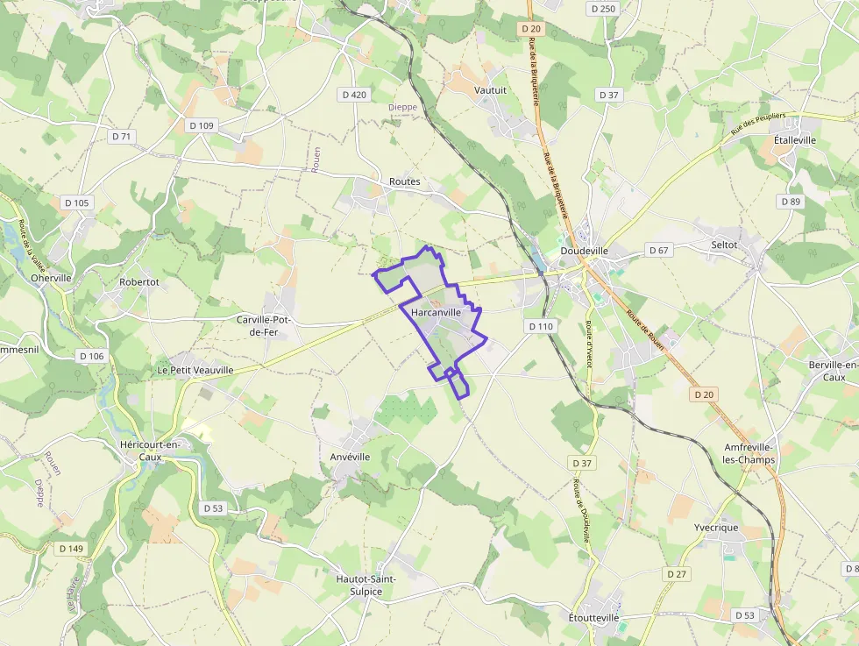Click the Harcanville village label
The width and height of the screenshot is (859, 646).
point(436,313)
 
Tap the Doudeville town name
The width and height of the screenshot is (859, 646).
point(584,251)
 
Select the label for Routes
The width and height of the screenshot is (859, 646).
point(404,182)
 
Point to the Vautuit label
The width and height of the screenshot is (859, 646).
point(490,89)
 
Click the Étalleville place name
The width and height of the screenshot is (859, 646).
point(795,139)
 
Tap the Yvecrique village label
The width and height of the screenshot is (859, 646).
point(716,528)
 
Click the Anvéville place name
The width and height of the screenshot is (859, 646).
point(351,457)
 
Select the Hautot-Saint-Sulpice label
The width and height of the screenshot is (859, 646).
point(366,585)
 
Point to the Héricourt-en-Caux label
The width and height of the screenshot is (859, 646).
point(150,451)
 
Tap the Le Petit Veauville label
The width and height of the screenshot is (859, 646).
point(195,370)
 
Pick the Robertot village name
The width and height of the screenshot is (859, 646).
point(139,282)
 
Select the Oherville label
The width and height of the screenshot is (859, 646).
point(51,278)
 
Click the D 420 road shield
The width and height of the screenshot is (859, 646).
point(354,94)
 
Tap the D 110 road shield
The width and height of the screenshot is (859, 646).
point(542,326)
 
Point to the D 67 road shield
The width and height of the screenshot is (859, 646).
point(658,251)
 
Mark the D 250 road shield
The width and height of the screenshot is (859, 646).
point(604,9)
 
